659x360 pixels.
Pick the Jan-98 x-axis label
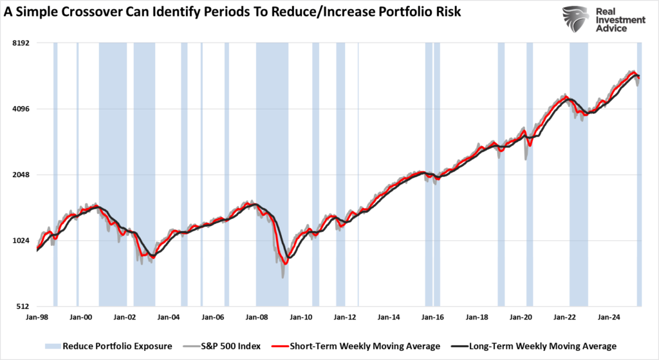pos(37,317)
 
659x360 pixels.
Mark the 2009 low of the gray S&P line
pos(283,277)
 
